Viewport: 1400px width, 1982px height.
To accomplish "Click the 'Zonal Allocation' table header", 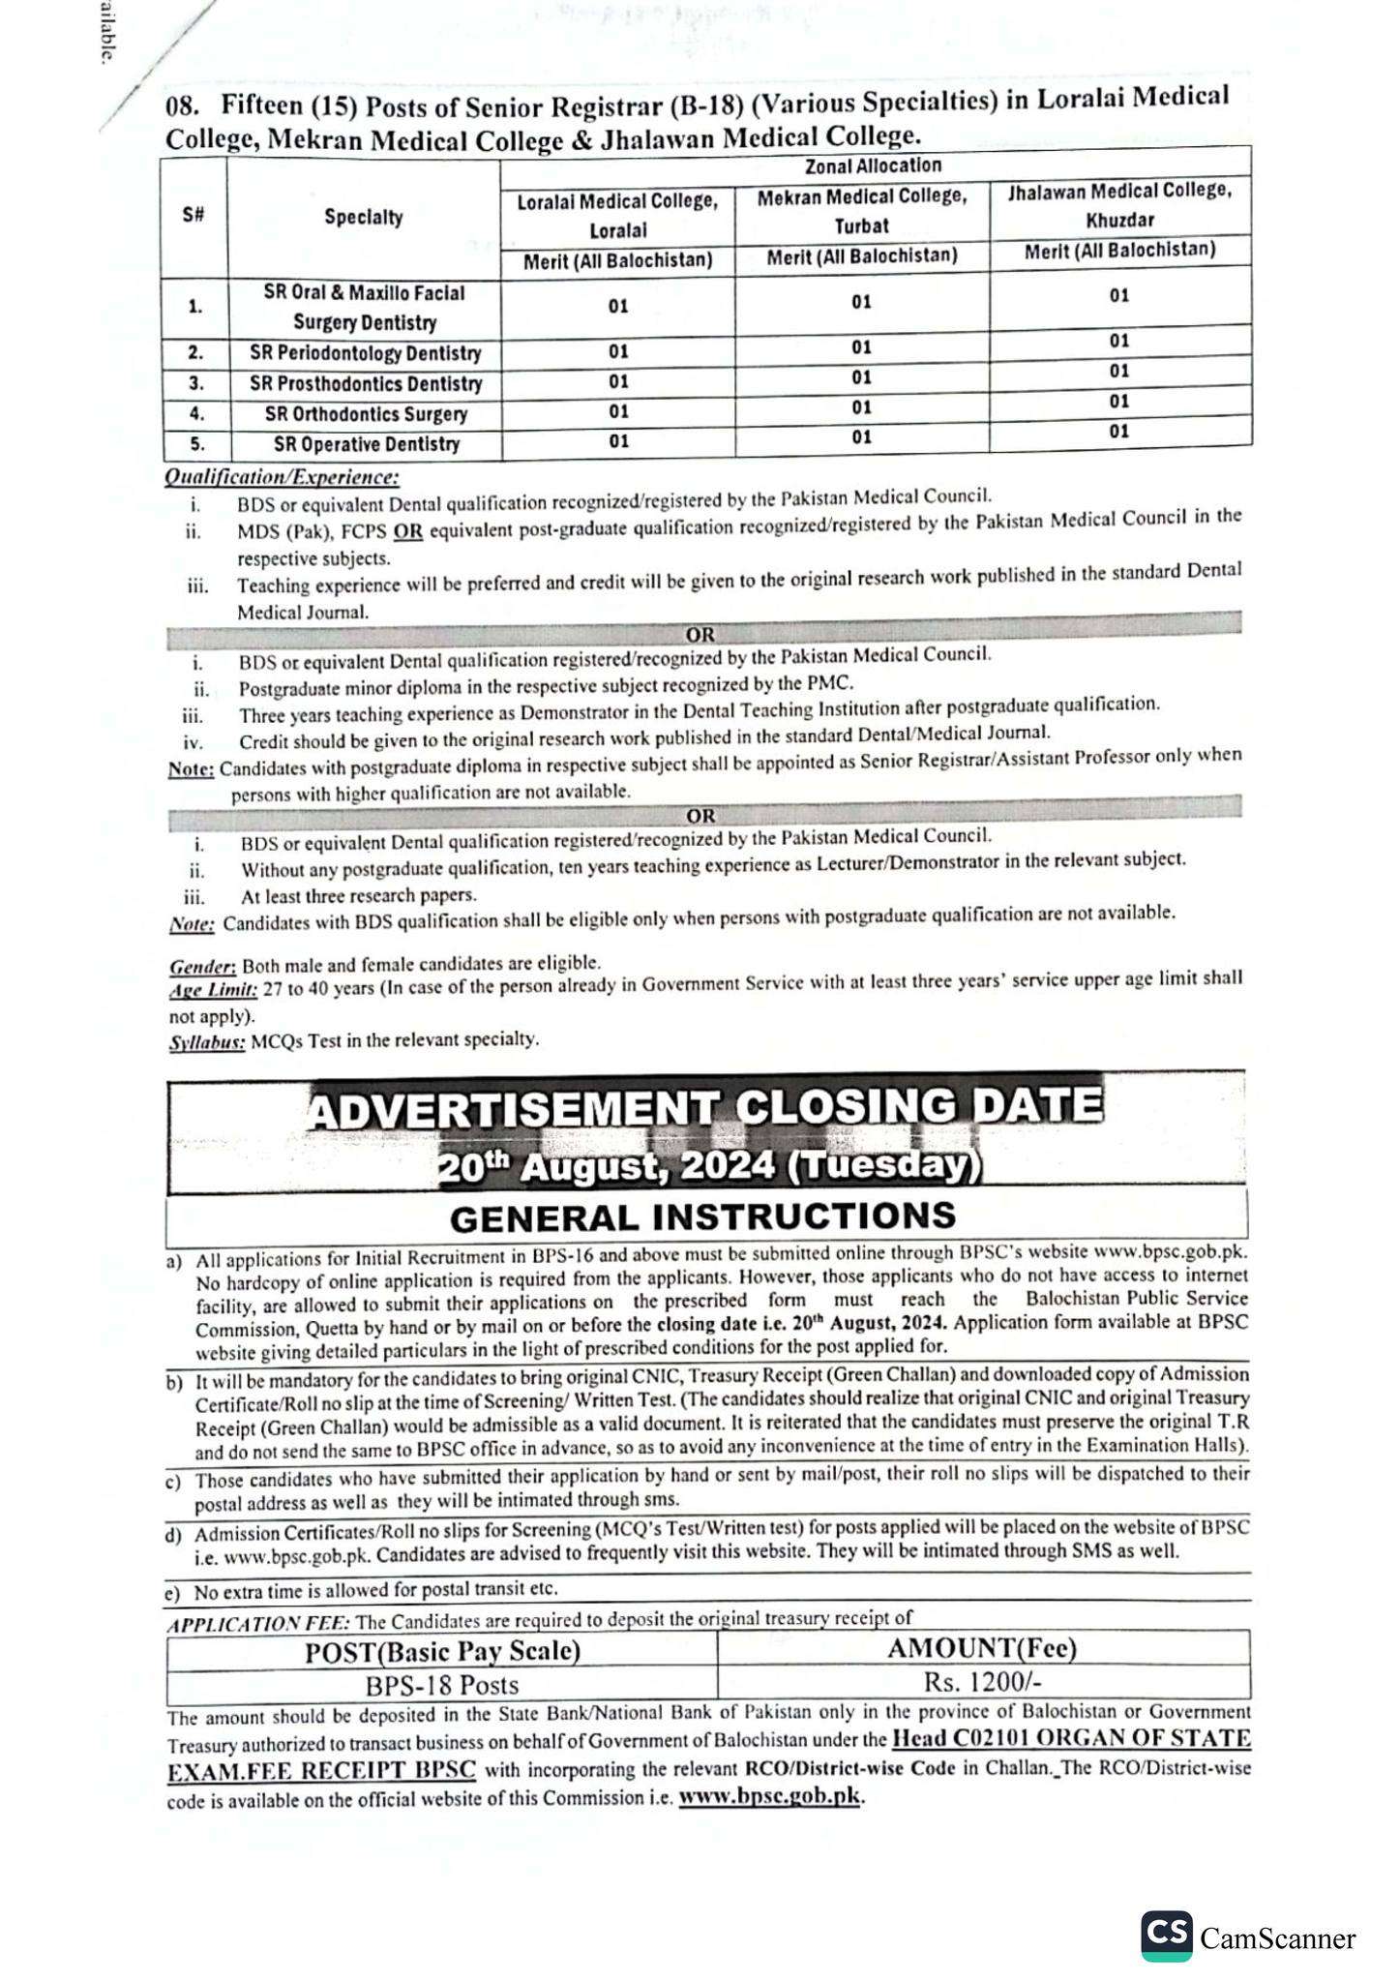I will tap(874, 165).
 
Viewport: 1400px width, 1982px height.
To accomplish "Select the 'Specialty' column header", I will tap(364, 218).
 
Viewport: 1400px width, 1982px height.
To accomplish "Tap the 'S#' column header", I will tap(194, 217).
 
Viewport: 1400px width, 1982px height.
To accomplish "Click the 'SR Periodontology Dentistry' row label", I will tap(365, 354).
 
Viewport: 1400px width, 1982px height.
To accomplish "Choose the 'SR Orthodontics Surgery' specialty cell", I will tap(366, 415).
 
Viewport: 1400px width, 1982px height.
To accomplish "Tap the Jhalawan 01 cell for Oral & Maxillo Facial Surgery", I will tap(1119, 295).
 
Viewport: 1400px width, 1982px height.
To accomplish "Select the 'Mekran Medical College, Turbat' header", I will tap(861, 211).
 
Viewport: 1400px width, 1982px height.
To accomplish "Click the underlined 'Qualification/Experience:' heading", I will tap(282, 477).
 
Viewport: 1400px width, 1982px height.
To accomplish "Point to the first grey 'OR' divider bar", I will tap(701, 635).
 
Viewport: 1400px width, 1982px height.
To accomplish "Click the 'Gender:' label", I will tap(203, 967).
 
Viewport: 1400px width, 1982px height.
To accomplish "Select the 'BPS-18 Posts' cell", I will tap(442, 1685).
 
